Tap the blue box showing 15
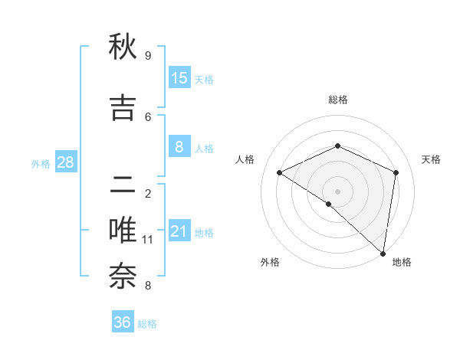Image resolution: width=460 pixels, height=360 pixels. tap(179, 77)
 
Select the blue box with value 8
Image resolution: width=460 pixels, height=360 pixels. tap(179, 147)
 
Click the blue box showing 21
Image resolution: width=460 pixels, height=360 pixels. tap(179, 231)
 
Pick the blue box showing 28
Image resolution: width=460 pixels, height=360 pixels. tap(65, 162)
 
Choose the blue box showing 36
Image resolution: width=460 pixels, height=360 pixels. tap(123, 322)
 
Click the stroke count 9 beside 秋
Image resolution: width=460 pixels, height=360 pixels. tap(147, 56)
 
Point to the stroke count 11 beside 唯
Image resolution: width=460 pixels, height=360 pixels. tap(148, 240)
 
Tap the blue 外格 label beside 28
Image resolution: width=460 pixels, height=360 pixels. tap(41, 163)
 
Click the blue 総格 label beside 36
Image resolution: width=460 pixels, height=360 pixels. tap(147, 324)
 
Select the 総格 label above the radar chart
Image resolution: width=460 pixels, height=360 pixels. tap(338, 100)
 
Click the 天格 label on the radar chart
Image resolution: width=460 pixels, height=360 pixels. tap(431, 159)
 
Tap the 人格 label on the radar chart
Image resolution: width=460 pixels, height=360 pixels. tap(245, 159)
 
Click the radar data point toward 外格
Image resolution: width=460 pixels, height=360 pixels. tap(328, 204)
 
